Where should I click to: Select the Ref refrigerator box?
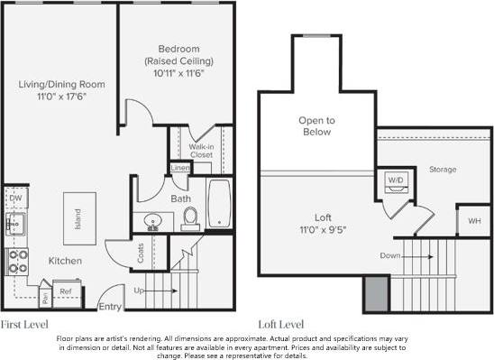(65, 291)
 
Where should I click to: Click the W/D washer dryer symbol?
(396, 179)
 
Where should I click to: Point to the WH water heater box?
(472, 219)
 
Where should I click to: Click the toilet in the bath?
(190, 217)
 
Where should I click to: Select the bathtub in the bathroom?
(220, 205)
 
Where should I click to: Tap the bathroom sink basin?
(151, 219)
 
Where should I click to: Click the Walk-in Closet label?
(201, 150)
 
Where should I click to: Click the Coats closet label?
(141, 254)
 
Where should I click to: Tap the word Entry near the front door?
(110, 307)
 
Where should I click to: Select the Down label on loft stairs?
(390, 255)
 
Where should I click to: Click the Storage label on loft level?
(442, 169)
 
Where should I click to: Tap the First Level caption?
(24, 322)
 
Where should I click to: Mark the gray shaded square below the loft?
(376, 293)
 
